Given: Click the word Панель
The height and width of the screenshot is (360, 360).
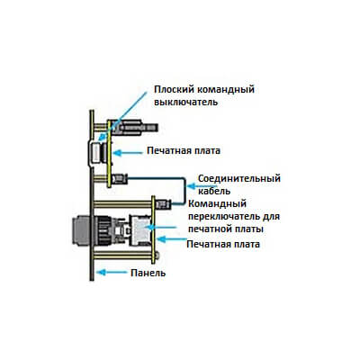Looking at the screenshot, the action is point(148,273).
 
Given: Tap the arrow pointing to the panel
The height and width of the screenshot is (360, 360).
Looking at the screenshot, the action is point(112,273).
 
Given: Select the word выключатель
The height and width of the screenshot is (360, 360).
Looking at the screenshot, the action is point(185,102).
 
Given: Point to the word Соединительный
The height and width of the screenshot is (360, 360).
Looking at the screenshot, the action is point(239,178).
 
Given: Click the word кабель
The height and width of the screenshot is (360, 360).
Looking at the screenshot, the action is point(214,191).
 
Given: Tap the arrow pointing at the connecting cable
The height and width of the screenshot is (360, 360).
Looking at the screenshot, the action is point(192,186).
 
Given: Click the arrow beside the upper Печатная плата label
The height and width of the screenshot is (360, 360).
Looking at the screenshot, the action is point(128,153).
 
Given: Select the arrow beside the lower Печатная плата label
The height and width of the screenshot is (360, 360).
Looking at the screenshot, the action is point(172,239).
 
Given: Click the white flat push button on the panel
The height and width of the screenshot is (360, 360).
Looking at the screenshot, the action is point(95,153).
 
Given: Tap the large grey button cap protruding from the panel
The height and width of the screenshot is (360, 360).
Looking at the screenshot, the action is point(81,229).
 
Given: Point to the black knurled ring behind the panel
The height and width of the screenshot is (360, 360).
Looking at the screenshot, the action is point(103,230).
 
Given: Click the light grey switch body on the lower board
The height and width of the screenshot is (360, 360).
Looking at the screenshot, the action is point(141,229).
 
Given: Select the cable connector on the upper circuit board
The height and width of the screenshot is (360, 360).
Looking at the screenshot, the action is point(120,179).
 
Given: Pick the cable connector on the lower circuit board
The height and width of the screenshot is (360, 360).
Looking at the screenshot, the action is point(163,204).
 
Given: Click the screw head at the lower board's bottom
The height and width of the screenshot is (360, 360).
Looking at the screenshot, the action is point(157,256).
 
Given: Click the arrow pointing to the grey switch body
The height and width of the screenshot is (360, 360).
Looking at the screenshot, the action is point(161,227).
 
